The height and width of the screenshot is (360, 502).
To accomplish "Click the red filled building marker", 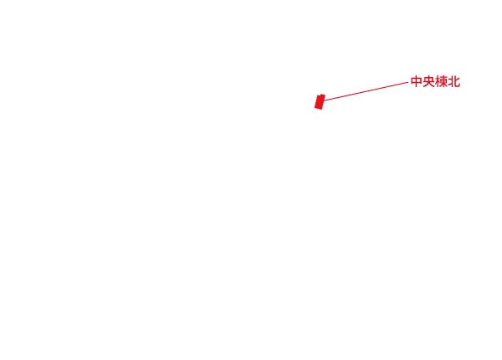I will pyautogui.click(x=319, y=102).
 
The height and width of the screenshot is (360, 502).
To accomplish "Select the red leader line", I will pyautogui.click(x=364, y=91).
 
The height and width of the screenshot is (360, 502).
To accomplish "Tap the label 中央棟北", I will pyautogui.click(x=435, y=82).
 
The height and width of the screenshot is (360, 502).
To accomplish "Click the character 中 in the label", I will pyautogui.click(x=416, y=82).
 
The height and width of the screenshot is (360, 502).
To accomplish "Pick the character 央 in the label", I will pyautogui.click(x=428, y=82).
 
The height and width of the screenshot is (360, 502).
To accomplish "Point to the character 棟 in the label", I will pyautogui.click(x=441, y=82).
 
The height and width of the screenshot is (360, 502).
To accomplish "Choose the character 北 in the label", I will pyautogui.click(x=453, y=82).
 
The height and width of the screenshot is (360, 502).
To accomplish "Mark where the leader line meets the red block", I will pyautogui.click(x=324, y=100).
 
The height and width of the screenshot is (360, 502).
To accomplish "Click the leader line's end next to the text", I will pyautogui.click(x=407, y=82).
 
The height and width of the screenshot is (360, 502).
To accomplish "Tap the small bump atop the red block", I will pyautogui.click(x=321, y=95).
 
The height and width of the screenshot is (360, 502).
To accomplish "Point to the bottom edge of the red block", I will pyautogui.click(x=318, y=108).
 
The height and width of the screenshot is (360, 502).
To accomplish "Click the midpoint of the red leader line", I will pyautogui.click(x=366, y=91).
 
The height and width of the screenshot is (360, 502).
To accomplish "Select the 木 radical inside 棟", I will pyautogui.click(x=437, y=82).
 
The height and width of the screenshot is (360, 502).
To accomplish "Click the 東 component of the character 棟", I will pyautogui.click(x=443, y=82).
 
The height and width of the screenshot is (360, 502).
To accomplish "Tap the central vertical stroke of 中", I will pyautogui.click(x=416, y=82).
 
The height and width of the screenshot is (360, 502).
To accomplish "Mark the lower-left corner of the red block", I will pyautogui.click(x=315, y=107).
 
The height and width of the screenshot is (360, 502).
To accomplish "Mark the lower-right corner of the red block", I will pyautogui.click(x=321, y=109).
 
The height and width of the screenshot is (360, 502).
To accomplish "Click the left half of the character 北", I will pyautogui.click(x=450, y=82).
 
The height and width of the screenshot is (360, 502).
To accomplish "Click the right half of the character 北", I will pyautogui.click(x=457, y=82).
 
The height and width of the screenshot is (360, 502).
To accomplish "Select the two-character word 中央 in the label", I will pyautogui.click(x=423, y=82).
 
